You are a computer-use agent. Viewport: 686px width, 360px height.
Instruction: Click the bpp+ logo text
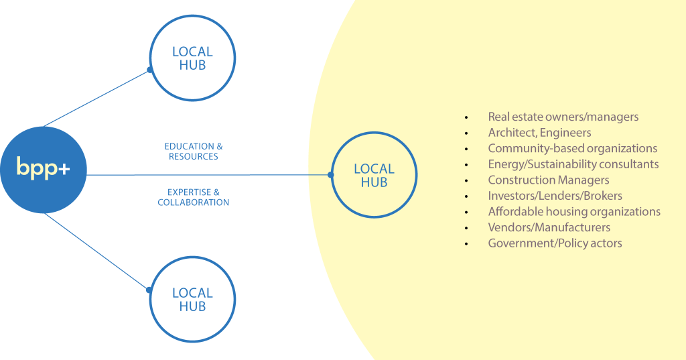(43, 168)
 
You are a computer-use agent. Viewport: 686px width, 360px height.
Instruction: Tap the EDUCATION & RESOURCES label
(194, 151)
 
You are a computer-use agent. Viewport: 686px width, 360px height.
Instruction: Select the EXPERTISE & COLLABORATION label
(194, 197)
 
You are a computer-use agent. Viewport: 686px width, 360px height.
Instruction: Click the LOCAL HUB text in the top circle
(192, 58)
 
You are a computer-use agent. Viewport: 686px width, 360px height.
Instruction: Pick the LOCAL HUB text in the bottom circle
(192, 300)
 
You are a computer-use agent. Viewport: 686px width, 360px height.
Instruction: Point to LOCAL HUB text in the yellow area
(374, 176)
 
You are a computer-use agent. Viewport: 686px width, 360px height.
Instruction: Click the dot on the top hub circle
(150, 70)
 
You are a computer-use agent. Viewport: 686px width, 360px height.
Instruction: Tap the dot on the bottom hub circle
(149, 290)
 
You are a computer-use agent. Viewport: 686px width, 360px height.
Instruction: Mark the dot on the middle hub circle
(331, 175)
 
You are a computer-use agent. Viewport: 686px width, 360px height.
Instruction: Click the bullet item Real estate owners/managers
(563, 117)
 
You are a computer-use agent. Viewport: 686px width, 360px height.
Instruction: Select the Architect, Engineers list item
(539, 133)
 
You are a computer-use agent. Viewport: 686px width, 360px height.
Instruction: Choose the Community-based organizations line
(573, 148)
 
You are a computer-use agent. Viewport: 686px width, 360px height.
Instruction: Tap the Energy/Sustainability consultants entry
(573, 164)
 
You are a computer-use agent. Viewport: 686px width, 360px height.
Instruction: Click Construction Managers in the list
(549, 180)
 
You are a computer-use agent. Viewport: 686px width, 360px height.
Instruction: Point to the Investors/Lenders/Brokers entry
(555, 196)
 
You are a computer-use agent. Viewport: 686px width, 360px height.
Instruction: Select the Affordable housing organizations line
(574, 212)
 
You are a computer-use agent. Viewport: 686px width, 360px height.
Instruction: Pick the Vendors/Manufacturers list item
(549, 227)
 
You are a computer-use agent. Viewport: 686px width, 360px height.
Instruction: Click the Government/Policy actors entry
(555, 243)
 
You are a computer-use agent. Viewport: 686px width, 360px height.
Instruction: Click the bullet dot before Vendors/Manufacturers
(466, 228)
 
